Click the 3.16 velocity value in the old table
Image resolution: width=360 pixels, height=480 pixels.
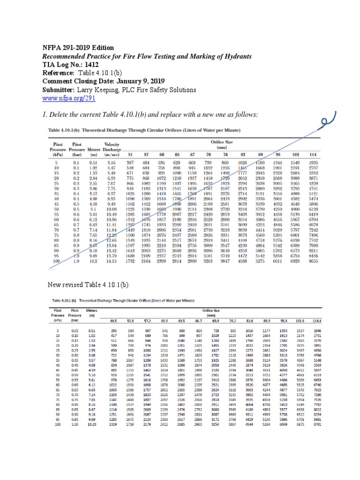112,162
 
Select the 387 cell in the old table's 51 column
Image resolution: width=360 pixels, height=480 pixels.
130,162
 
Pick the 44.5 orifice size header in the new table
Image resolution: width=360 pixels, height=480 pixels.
112,321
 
